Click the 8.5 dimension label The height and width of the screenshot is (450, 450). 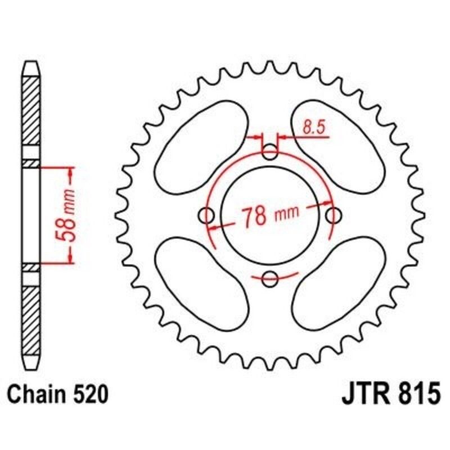[x=314, y=128]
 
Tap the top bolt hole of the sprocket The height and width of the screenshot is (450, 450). [x=271, y=151]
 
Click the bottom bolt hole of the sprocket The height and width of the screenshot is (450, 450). [x=271, y=277]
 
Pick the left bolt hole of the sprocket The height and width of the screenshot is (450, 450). [x=208, y=214]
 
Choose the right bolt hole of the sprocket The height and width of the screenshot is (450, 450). [x=334, y=214]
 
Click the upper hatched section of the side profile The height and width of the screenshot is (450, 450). [x=31, y=115]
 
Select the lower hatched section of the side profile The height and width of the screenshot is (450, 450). [x=31, y=318]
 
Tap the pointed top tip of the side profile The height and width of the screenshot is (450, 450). [x=31, y=63]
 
